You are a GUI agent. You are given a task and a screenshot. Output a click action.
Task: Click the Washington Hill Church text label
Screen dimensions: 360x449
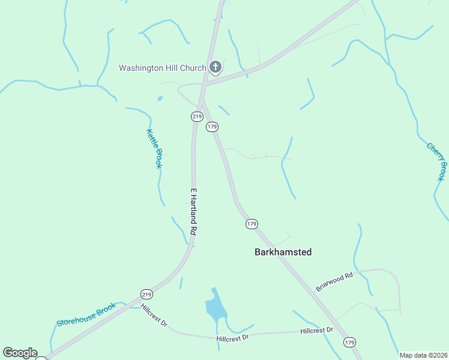(162, 68)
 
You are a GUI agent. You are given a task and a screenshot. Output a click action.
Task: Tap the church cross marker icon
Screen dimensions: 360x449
(215, 67)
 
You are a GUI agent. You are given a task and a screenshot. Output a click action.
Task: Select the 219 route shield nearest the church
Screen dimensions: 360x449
(196, 115)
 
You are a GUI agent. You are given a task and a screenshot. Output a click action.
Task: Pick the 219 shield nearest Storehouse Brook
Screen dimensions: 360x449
(146, 294)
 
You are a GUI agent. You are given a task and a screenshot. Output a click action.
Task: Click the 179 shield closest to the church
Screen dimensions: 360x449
(211, 127)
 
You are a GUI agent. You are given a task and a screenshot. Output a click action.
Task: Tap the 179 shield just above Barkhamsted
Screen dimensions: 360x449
(252, 224)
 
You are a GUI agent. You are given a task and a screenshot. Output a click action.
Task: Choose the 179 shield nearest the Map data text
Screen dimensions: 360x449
(350, 342)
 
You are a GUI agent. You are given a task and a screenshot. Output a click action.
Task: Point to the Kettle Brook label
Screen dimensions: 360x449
(154, 149)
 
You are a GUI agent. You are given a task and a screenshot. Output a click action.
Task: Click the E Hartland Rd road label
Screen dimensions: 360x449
(194, 211)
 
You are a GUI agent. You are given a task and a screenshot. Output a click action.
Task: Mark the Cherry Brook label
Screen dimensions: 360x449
(436, 161)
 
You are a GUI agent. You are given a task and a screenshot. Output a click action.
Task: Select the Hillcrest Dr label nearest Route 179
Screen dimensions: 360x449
(317, 331)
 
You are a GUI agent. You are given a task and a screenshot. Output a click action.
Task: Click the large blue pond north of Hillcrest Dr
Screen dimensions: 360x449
(215, 308)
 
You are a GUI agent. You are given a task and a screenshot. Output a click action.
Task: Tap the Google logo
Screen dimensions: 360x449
(20, 353)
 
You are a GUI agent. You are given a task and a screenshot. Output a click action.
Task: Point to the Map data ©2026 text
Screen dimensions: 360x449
(423, 355)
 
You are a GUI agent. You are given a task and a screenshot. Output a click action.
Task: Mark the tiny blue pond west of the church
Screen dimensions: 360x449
(160, 98)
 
